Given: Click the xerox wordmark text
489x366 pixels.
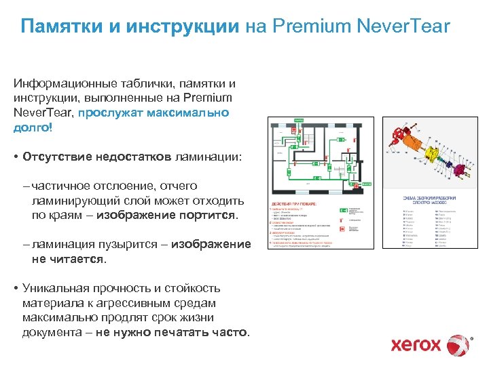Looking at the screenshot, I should click(416, 345).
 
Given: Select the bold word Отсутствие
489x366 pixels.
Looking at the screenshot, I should click(56, 157).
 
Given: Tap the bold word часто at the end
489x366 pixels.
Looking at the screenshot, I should click(233, 332).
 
